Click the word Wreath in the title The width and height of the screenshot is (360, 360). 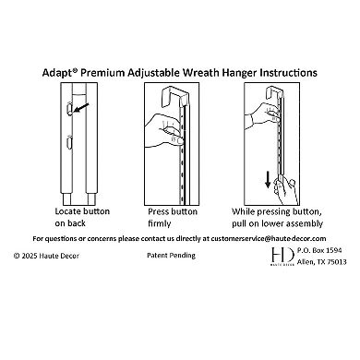pos(201,73)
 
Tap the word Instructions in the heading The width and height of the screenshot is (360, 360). pos(289,73)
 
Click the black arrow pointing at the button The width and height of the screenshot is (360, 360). pos(81,107)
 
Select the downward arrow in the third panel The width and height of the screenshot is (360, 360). pos(268,179)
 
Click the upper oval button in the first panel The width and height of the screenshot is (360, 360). pos(69,108)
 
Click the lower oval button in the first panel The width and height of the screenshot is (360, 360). pos(69,142)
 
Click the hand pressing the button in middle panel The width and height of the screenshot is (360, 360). pos(164,129)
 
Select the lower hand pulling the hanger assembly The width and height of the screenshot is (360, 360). pos(286,191)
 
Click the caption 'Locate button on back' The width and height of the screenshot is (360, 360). pos(82,217)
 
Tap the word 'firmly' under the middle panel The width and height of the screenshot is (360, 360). pos(159,223)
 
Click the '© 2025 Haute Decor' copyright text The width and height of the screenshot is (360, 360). pos(46,256)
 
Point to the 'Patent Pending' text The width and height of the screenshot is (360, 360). pos(171,256)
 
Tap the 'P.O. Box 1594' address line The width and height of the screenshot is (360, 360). pos(319,250)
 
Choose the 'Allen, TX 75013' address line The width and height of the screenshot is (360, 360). pos(322,262)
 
